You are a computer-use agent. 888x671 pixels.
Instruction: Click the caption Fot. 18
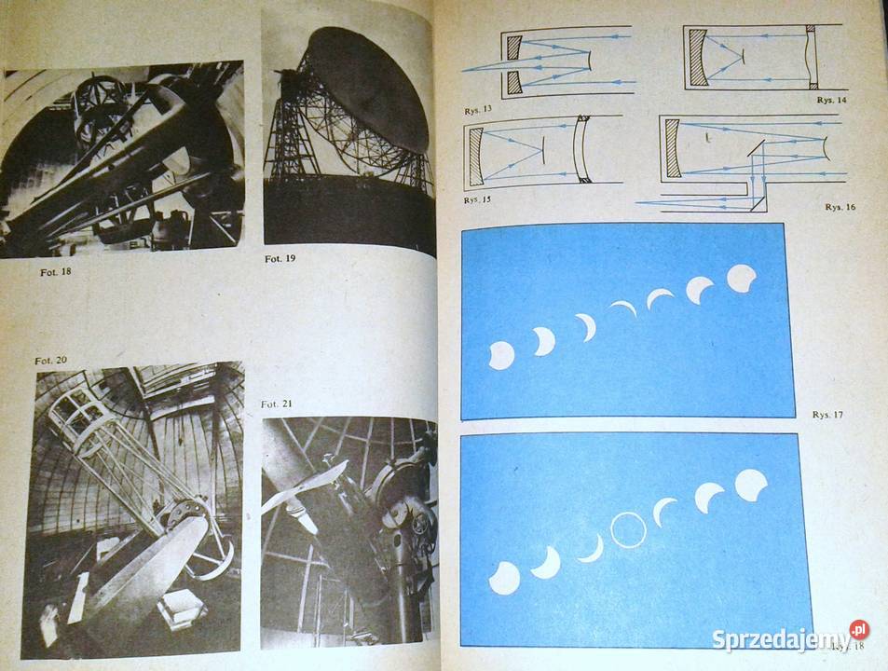tap(52, 272)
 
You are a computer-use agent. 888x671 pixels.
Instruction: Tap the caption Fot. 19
tap(280, 258)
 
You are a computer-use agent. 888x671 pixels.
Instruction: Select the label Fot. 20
tap(51, 361)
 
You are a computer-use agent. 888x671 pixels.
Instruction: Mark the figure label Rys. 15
tap(478, 199)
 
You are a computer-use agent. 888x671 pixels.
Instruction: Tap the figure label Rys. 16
tap(839, 207)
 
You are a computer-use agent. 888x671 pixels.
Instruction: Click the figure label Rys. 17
tap(827, 414)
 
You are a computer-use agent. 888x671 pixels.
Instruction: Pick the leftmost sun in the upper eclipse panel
tap(501, 355)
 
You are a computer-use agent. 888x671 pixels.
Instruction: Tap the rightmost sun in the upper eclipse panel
tap(742, 278)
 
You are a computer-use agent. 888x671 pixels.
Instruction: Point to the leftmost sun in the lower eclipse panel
tap(504, 578)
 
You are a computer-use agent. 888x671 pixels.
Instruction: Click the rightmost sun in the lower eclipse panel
tap(751, 485)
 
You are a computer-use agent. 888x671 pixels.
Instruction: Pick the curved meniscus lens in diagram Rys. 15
tap(583, 149)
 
